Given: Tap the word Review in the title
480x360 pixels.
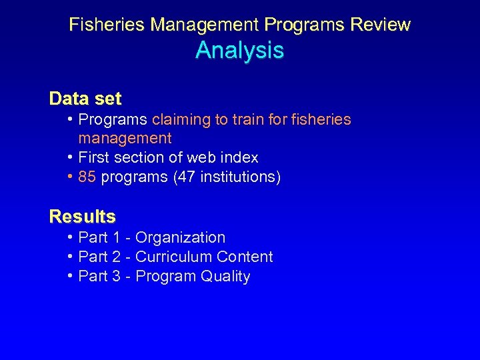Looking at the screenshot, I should pyautogui.click(x=383, y=25).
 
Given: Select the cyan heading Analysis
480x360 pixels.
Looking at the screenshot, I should pyautogui.click(x=239, y=51).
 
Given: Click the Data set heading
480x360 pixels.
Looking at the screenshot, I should pyautogui.click(x=85, y=99).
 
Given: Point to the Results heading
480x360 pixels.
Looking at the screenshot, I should pyautogui.click(x=83, y=217).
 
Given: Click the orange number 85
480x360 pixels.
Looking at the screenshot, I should pyautogui.click(x=87, y=177).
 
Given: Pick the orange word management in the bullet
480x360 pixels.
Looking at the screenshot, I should pyautogui.click(x=125, y=139).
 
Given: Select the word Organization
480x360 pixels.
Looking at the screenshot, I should pyautogui.click(x=180, y=238).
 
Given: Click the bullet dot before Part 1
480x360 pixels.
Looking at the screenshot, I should pyautogui.click(x=70, y=237).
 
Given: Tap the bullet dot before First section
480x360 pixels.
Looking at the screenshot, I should pyautogui.click(x=70, y=157).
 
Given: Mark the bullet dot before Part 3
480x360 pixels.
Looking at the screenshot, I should pyautogui.click(x=70, y=276).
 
